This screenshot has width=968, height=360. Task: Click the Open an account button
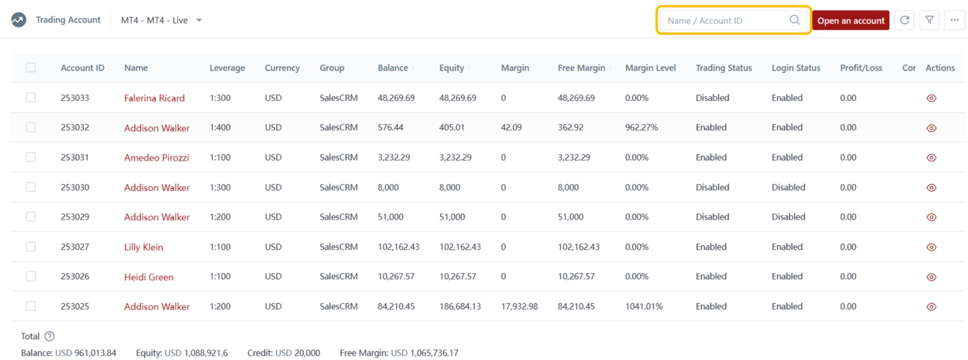click(850, 20)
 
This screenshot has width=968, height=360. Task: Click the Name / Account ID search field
click(726, 20)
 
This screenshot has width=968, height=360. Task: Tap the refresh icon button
click(904, 20)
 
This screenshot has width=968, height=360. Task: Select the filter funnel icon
click(929, 20)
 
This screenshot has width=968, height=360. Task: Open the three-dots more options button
click(954, 20)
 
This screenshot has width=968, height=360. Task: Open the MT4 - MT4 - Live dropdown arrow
click(199, 20)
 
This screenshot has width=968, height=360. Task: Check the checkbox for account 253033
click(31, 97)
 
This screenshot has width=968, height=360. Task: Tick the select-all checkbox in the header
click(31, 68)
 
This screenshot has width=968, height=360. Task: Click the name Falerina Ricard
click(154, 98)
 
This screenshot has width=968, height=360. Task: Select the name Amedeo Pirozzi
click(156, 157)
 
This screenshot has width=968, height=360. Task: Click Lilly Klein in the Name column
click(144, 247)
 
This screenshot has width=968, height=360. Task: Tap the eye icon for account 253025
click(931, 307)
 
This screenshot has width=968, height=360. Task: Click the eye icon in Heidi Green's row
click(931, 277)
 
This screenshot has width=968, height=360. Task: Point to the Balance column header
click(393, 68)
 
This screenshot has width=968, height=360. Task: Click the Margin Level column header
click(650, 68)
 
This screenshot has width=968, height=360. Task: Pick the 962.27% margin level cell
click(641, 127)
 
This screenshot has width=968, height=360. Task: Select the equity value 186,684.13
click(460, 306)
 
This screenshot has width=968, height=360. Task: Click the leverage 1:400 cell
click(220, 127)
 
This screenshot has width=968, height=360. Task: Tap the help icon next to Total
click(49, 336)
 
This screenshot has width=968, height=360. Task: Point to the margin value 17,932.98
click(519, 306)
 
